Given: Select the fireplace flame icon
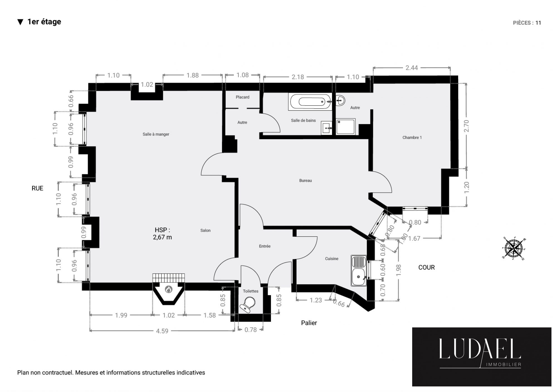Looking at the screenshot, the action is coord(168,290).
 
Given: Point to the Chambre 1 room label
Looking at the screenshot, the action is coord(412,138).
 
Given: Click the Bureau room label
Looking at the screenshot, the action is coord(306,180).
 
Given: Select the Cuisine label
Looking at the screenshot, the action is coord(332,259).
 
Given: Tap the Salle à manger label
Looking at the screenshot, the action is coord(156,134).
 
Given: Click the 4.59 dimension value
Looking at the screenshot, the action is coord(162,331).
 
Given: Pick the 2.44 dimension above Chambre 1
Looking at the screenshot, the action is coord(412,68).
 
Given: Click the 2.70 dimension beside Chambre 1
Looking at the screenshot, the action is coord(466,126).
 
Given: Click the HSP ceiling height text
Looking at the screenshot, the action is coord(162,234).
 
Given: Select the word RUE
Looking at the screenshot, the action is coord(37,188).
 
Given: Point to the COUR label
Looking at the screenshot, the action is coord(426,268).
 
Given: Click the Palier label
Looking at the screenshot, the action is coord(309,323).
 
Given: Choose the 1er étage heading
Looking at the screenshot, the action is coord(44,22).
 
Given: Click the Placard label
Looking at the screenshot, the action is coord(243,97).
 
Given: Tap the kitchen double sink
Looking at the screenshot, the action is coord(359,270).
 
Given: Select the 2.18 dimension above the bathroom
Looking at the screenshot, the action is coord(298,77).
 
